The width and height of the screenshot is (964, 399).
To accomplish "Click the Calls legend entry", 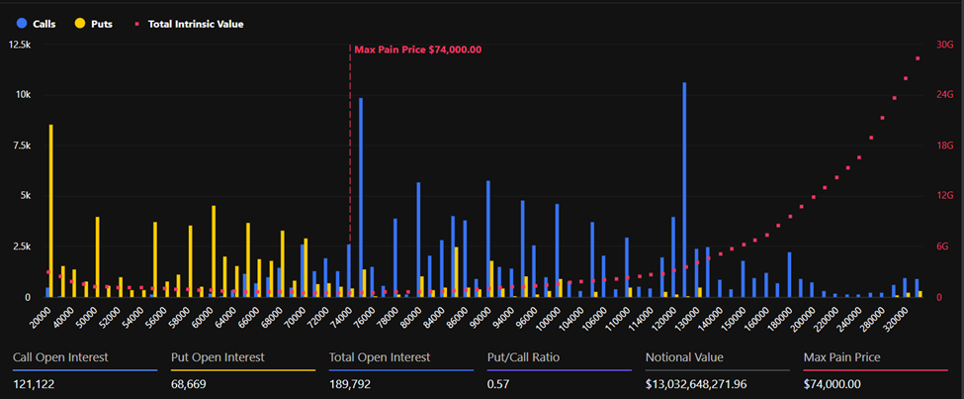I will click(37, 23).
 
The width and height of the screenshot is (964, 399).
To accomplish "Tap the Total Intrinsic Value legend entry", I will click(188, 23).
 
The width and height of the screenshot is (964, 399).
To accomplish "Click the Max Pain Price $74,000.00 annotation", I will click(417, 50).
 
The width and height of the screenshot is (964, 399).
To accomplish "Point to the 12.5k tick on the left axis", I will click(19, 45).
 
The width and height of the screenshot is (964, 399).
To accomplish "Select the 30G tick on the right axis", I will click(943, 45).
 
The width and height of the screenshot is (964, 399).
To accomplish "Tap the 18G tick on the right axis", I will click(943, 146).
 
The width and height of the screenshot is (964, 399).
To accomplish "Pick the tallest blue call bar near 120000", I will click(684, 189).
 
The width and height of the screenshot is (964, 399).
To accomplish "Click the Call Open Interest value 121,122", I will click(36, 383).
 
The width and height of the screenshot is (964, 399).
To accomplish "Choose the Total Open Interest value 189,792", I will click(352, 383).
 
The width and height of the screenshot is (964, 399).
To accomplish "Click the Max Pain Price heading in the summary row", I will click(842, 356).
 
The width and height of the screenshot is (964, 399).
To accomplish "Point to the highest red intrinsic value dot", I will click(918, 58).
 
